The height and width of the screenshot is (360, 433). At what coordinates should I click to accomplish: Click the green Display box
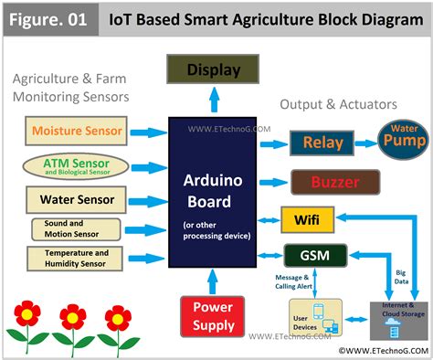tap(213, 70)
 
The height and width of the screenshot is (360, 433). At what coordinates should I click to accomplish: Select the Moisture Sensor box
tap(77, 131)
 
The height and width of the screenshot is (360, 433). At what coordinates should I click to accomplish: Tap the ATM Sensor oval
tap(78, 166)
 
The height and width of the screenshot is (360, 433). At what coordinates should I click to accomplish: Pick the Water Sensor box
tap(77, 198)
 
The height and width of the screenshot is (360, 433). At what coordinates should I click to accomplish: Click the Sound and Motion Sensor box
tap(77, 228)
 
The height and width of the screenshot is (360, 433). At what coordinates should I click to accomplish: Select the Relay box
tap(322, 143)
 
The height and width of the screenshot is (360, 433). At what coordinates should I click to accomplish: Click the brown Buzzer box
tap(333, 182)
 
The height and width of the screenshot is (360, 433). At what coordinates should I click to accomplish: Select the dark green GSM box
tap(315, 255)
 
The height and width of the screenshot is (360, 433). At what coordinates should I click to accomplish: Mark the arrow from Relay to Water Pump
tap(365, 143)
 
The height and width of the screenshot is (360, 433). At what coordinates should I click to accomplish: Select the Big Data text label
tap(401, 275)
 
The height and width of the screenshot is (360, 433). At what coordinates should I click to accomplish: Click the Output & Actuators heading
tap(338, 104)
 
